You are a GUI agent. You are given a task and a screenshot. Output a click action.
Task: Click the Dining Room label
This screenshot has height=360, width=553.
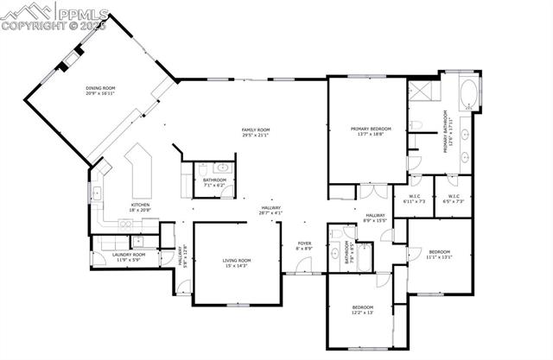101,91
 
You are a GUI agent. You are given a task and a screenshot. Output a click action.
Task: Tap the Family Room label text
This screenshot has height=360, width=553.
257,132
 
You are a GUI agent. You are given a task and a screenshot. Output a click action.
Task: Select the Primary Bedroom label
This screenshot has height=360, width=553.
366,132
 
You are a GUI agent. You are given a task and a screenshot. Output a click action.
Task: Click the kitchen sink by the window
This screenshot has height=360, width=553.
96,193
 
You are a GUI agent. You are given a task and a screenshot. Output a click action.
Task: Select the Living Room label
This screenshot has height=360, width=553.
236,262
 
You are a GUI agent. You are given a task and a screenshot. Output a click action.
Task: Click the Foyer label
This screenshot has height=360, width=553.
304,246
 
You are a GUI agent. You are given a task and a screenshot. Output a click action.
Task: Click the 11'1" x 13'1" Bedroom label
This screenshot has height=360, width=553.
440,254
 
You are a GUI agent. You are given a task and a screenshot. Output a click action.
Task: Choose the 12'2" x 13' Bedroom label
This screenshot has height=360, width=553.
362,310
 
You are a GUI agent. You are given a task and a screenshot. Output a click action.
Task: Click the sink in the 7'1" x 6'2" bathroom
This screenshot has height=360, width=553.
222,167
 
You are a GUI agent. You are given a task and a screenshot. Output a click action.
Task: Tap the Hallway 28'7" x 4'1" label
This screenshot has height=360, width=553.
271,210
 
